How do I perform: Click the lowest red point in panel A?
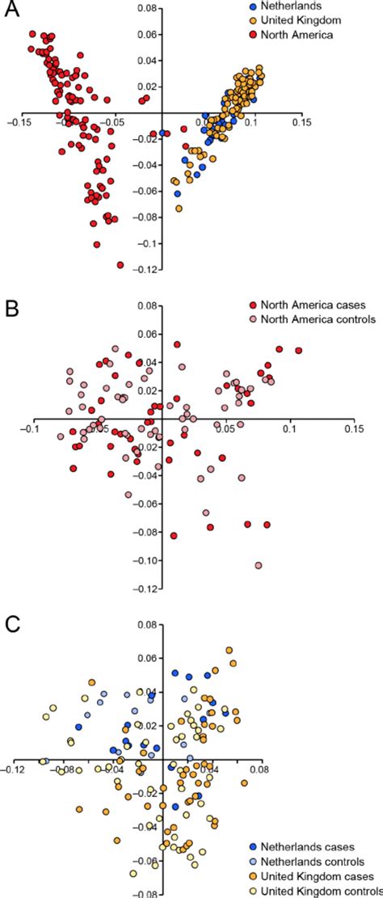pyautogui.click(x=121, y=264)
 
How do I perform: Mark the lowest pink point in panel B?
pyautogui.click(x=259, y=565)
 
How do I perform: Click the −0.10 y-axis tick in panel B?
pyautogui.click(x=146, y=560)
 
